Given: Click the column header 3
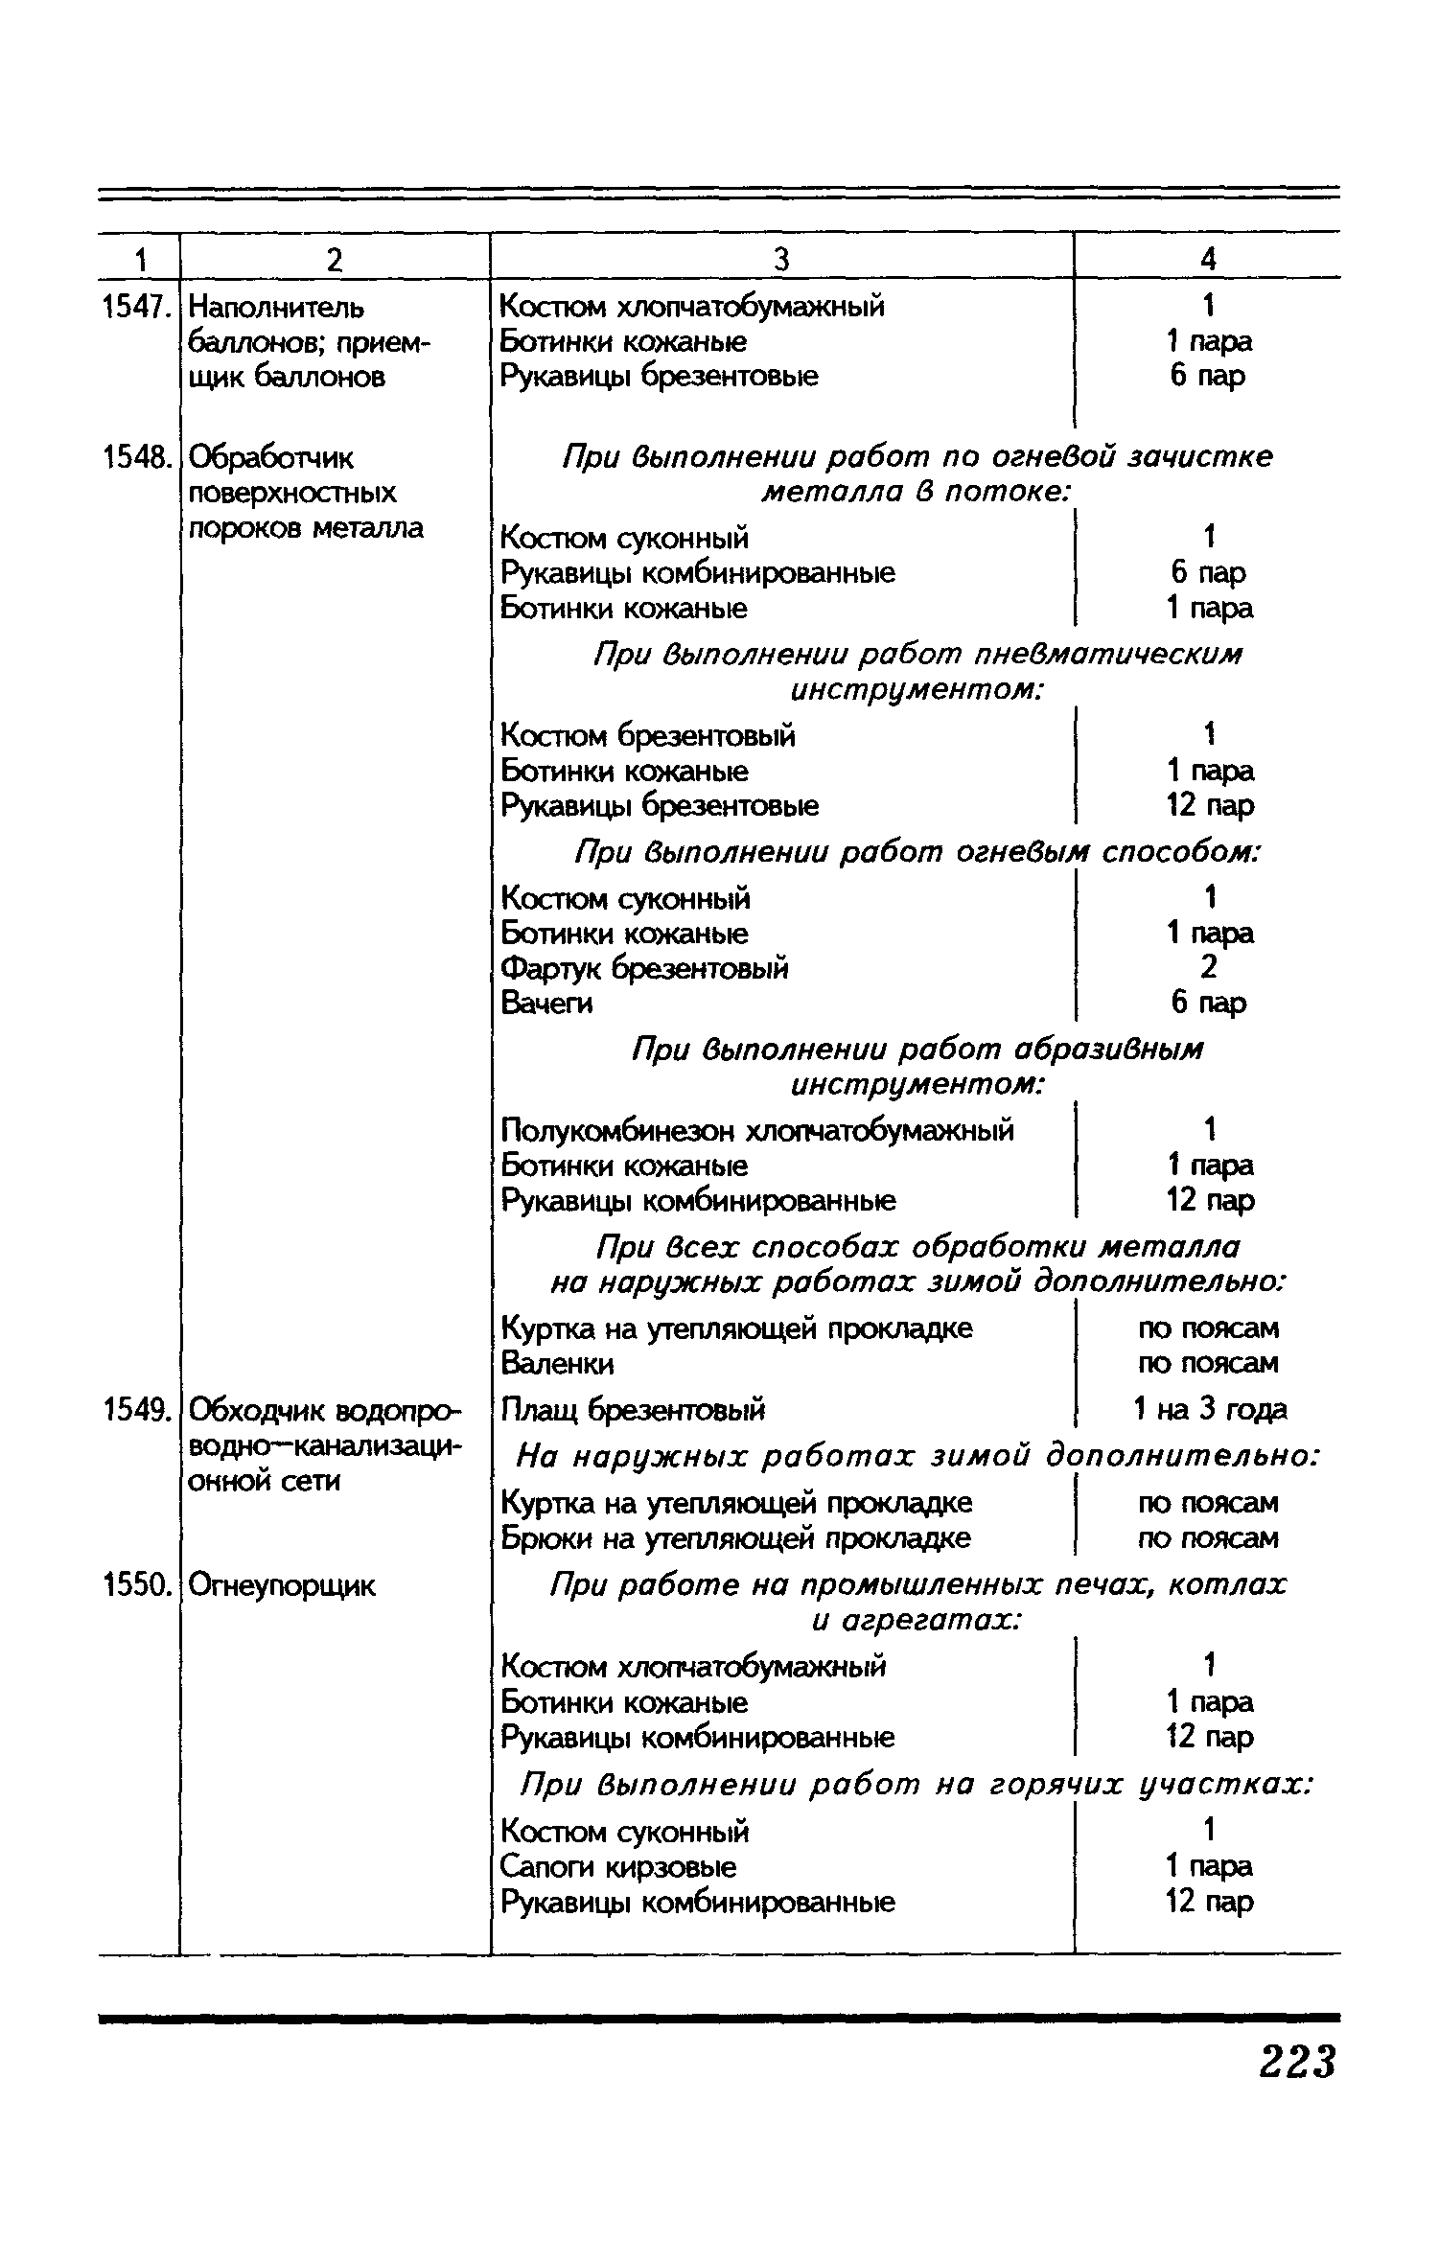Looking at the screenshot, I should [781, 260].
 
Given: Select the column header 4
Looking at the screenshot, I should [1208, 260].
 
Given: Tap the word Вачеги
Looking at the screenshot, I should [546, 1004].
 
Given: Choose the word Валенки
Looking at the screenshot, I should [558, 1363].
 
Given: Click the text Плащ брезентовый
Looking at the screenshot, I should [634, 1410].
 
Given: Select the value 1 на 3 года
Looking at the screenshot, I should [1210, 1410].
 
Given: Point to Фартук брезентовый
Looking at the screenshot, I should [645, 968].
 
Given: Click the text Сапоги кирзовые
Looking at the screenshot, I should [619, 1866].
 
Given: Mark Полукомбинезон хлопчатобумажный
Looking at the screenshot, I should [757, 1131].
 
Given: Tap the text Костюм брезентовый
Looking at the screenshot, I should [648, 736].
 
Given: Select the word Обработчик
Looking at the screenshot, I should [271, 459].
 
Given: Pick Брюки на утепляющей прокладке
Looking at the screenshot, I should [736, 1538].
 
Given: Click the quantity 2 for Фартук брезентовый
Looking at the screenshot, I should [1209, 968].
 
